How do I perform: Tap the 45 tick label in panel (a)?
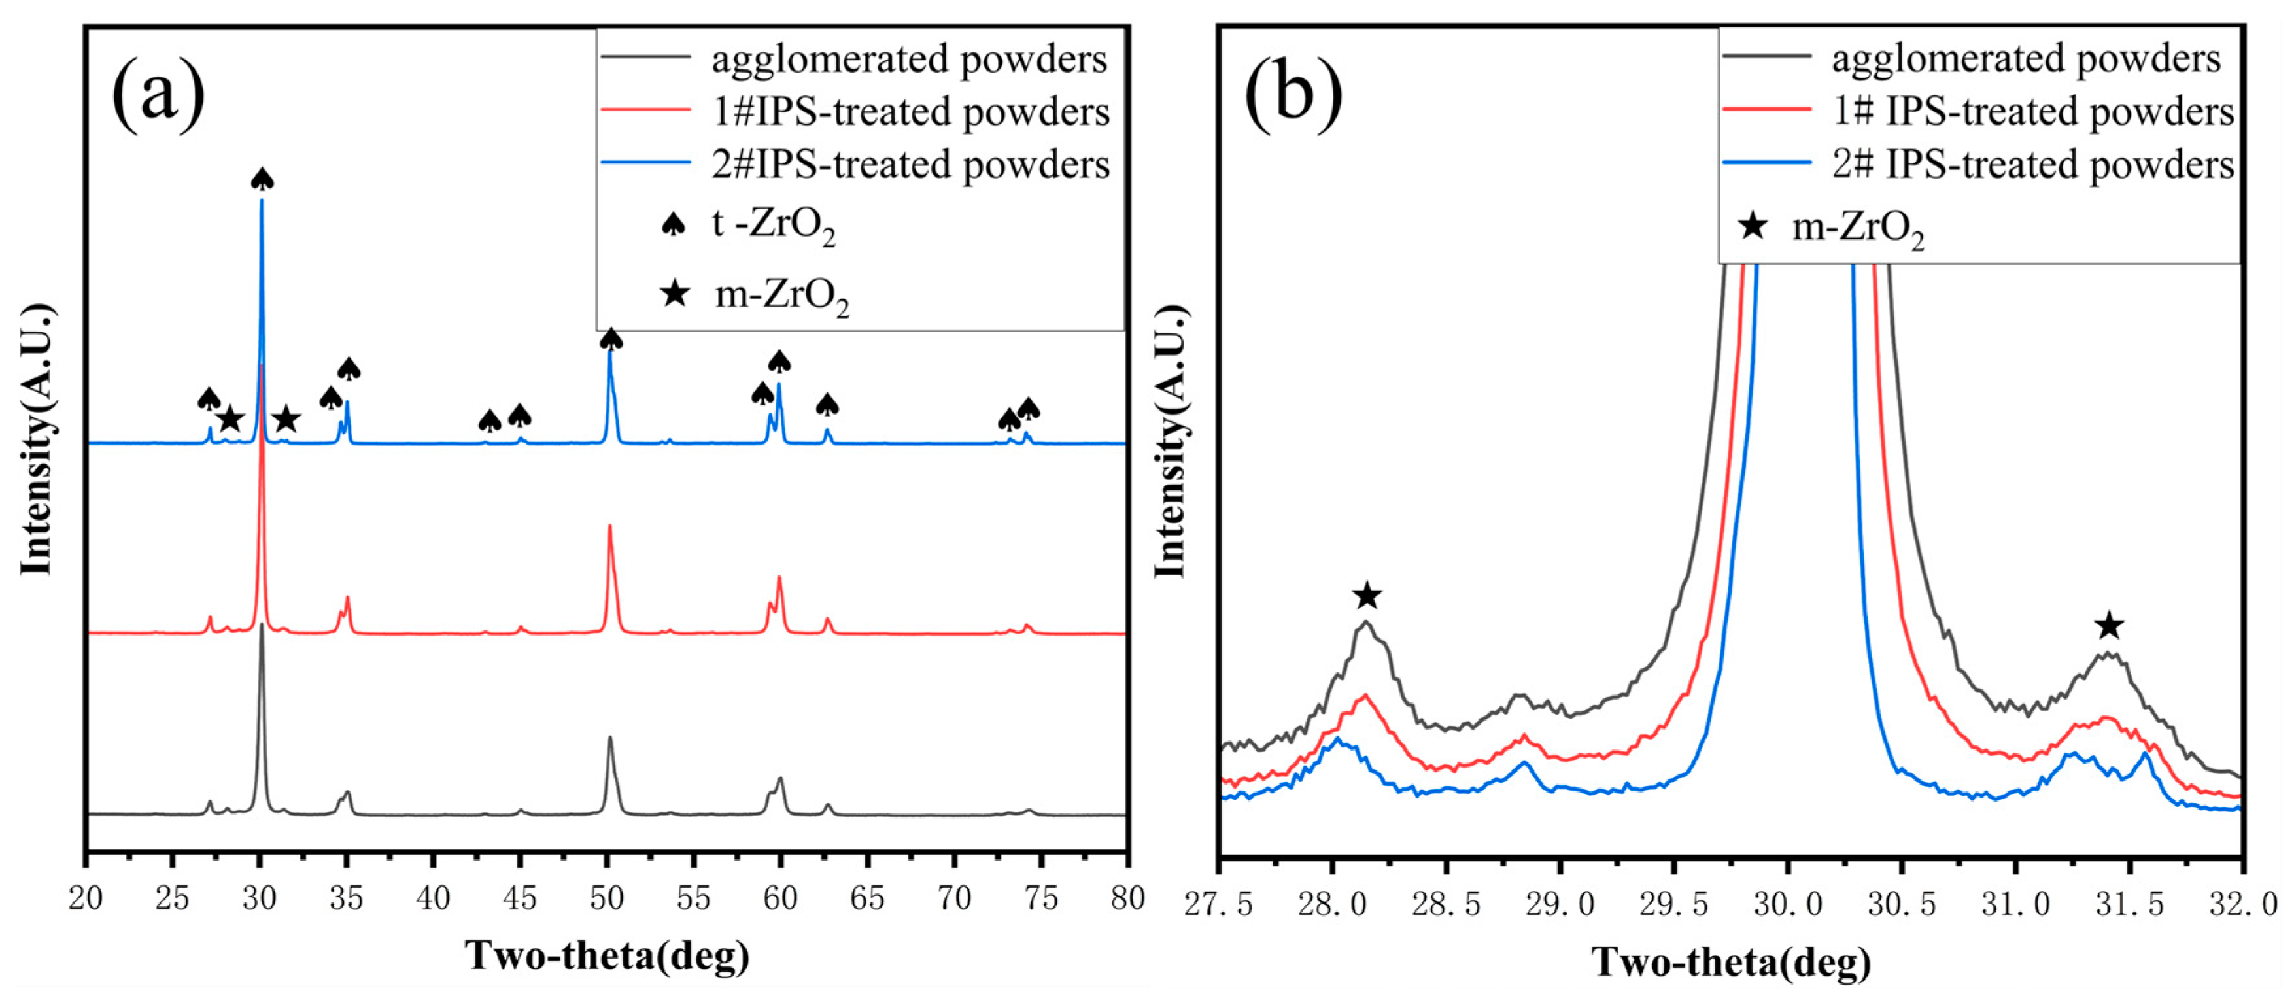click(x=520, y=898)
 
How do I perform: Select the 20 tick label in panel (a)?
click(x=86, y=898)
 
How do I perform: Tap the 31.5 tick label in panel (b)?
click(x=2129, y=906)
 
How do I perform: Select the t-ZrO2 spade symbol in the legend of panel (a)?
click(x=674, y=224)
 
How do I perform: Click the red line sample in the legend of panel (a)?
click(x=645, y=111)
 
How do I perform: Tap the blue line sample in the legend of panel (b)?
click(x=1767, y=163)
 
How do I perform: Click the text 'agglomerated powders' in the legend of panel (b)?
click(x=2026, y=59)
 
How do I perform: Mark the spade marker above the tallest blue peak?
click(x=262, y=179)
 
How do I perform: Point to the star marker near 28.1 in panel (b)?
click(x=1367, y=596)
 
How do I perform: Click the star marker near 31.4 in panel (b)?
click(x=2108, y=626)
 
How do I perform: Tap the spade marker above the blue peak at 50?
click(x=611, y=339)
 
